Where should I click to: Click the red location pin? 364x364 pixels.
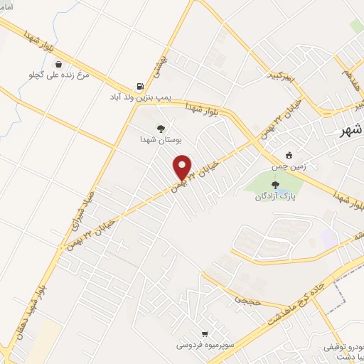coord(183,166)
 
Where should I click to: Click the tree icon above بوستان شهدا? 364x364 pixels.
coord(161,129)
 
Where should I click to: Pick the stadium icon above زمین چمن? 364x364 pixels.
coord(289,155)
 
